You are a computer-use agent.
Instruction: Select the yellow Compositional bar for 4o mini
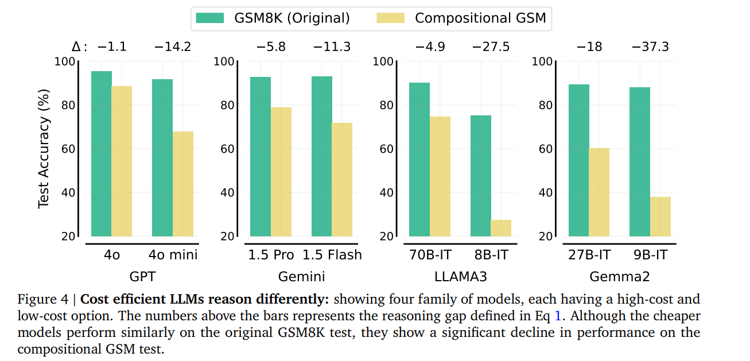[x=183, y=184]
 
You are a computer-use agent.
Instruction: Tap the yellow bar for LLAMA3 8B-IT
[x=501, y=228]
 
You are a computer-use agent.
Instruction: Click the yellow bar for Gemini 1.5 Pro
[x=281, y=172]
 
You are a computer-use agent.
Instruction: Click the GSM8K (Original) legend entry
[x=273, y=18]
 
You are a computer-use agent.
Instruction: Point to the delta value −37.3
[x=650, y=47]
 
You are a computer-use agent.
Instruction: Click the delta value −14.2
[x=173, y=47]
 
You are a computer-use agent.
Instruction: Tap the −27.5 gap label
[x=491, y=47]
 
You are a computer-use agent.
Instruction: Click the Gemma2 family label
[x=620, y=277]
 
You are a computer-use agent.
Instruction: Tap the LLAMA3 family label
[x=460, y=277]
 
